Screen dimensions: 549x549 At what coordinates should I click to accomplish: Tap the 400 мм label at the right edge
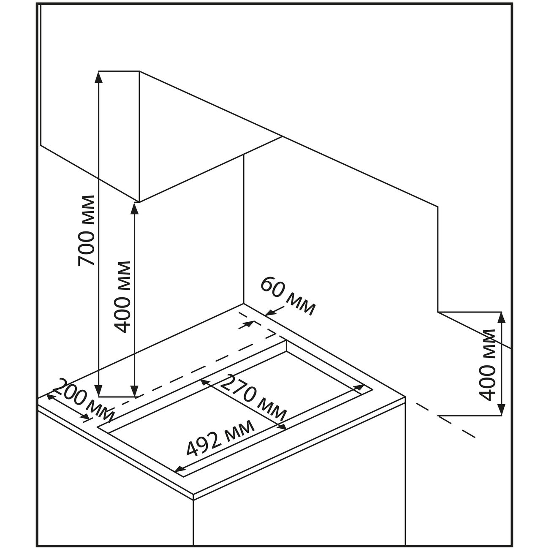click(x=488, y=364)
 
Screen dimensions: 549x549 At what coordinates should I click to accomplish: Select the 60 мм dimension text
click(x=287, y=296)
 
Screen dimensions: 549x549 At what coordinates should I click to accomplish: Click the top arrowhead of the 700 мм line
click(x=98, y=76)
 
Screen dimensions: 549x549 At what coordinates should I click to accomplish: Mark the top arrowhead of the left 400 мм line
click(x=135, y=206)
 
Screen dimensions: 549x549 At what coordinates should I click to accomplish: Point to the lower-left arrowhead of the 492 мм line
click(x=179, y=470)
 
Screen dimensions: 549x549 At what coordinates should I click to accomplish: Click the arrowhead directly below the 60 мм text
click(x=269, y=313)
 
